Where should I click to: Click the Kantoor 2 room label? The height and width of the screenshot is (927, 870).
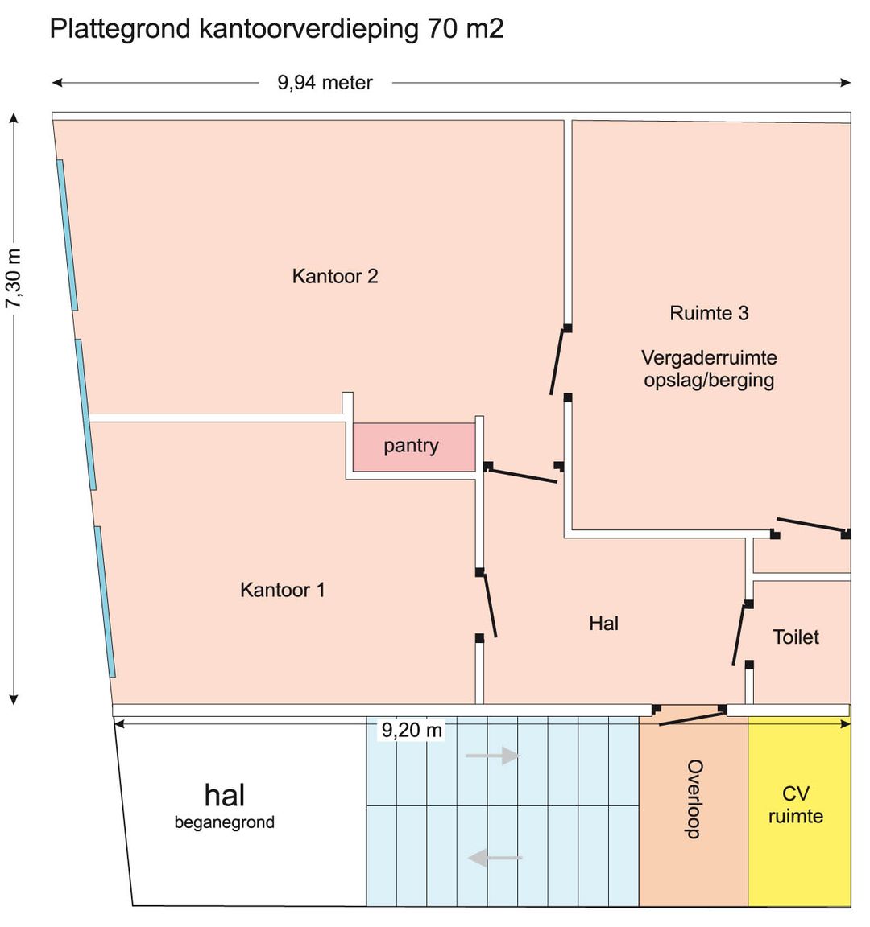(x=335, y=277)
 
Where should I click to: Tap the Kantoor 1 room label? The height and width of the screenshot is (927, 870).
(x=283, y=590)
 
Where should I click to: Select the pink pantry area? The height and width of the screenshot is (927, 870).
(x=413, y=447)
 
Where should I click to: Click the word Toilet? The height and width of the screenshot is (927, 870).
(x=796, y=637)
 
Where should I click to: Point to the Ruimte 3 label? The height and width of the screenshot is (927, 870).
(x=709, y=313)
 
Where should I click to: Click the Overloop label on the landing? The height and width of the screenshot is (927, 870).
(x=694, y=799)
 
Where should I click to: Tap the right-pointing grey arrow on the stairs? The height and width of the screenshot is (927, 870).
(x=493, y=756)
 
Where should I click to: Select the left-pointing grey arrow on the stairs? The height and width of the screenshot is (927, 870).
(x=495, y=858)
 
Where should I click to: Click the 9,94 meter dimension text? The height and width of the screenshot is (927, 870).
(x=325, y=83)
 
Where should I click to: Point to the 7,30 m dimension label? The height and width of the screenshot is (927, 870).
(x=14, y=278)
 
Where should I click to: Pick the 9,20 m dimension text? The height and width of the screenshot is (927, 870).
(x=412, y=731)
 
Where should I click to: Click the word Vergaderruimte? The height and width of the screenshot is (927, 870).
(x=709, y=358)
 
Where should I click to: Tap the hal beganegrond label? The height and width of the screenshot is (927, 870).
(x=225, y=805)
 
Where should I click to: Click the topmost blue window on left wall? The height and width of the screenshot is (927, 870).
(x=67, y=234)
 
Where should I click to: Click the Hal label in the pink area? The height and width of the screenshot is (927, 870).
(x=604, y=623)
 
